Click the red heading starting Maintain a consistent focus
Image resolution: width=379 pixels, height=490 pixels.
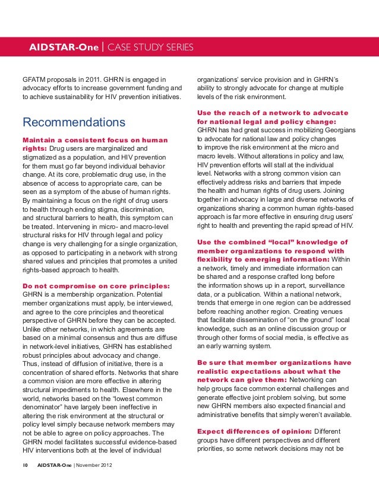point(94,140)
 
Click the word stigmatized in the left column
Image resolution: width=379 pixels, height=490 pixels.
point(44,157)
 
